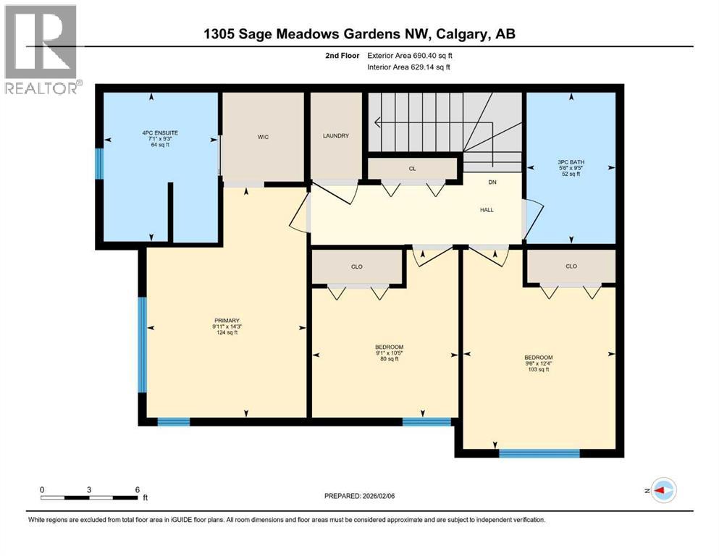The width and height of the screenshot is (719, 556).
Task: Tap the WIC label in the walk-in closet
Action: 264,137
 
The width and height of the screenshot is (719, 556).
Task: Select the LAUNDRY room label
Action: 336,135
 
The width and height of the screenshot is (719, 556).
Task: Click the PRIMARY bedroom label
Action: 226,321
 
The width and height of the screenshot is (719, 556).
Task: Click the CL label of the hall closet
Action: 412,169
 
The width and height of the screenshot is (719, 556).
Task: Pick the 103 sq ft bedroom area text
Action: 538,370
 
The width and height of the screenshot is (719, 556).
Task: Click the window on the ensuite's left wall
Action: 101,164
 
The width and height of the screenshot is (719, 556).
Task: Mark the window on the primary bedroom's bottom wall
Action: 174,421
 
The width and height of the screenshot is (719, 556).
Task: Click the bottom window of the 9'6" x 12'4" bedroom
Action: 539,454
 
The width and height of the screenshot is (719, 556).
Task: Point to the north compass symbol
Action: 663,490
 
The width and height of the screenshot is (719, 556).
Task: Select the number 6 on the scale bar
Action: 137,489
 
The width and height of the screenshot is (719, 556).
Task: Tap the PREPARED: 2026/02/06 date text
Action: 366,496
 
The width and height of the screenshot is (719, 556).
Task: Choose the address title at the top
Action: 359,33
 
